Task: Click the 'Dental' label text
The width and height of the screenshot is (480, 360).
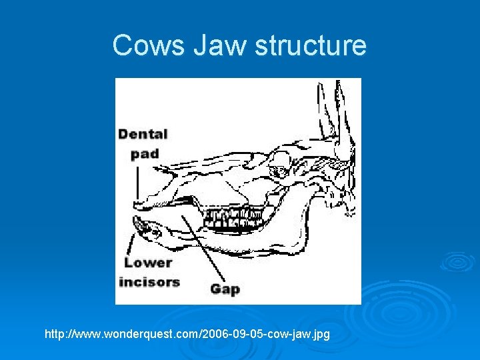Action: (143, 134)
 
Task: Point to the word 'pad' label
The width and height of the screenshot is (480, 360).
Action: (145, 153)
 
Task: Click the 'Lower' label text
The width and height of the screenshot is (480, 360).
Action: (148, 262)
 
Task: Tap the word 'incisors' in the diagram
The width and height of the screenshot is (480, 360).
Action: (149, 281)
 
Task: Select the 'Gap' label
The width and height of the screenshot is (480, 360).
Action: (225, 289)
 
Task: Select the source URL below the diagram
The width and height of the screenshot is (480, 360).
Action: (187, 332)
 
